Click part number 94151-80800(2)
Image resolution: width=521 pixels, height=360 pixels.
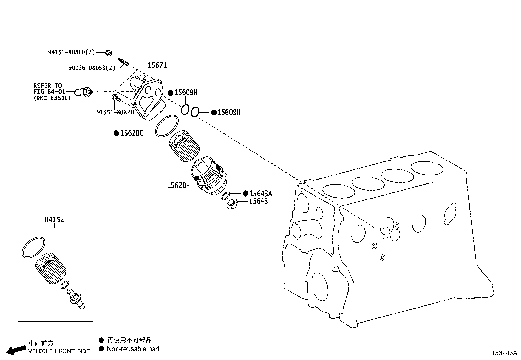(71, 52)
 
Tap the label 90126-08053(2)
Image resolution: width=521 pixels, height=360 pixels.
(92, 68)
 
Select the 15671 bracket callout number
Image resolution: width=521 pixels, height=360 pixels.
(157, 65)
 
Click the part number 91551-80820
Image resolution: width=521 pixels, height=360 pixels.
(115, 112)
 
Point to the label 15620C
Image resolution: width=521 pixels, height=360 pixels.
(132, 133)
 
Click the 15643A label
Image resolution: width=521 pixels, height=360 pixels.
(260, 194)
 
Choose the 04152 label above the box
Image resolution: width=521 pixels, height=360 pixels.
(54, 219)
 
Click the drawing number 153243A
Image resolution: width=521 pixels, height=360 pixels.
(504, 353)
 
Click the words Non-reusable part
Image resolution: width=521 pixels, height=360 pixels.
(133, 349)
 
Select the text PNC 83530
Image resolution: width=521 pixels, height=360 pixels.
(52, 98)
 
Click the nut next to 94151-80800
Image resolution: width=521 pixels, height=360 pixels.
(109, 52)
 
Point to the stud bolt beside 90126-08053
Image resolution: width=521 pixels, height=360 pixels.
(123, 61)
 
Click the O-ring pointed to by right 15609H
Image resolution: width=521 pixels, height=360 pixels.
(194, 112)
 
